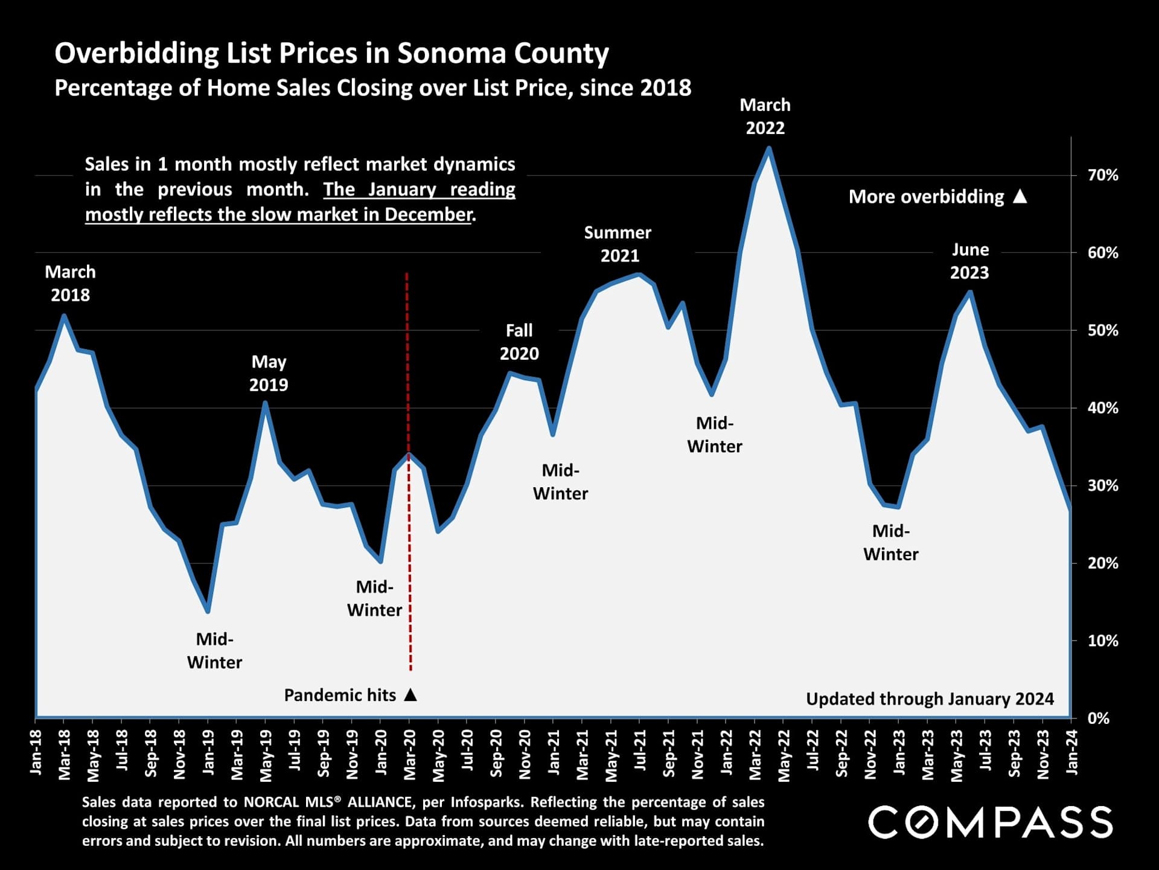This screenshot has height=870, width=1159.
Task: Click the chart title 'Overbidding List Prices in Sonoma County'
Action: click(x=331, y=53)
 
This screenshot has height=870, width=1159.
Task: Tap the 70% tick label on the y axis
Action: click(x=1102, y=175)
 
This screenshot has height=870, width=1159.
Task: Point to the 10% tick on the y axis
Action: click(x=1102, y=641)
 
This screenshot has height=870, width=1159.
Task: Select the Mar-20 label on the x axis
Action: click(x=410, y=755)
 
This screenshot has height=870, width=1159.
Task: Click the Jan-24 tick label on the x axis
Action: click(x=1072, y=752)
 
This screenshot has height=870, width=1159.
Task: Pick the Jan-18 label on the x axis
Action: click(x=36, y=752)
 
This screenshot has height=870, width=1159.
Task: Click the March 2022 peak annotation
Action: click(x=765, y=117)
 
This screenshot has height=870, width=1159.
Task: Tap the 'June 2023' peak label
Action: click(x=969, y=261)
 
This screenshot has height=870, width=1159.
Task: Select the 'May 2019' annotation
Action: click(x=269, y=373)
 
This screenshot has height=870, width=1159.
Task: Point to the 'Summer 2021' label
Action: click(x=618, y=244)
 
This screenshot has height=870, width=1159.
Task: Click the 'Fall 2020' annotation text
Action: click(x=519, y=342)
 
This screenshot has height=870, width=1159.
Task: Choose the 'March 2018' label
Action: click(x=70, y=283)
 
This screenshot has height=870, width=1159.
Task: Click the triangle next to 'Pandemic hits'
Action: click(x=410, y=695)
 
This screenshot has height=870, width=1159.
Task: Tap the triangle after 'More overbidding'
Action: click(x=1020, y=196)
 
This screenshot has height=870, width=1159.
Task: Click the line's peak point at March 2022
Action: click(x=768, y=148)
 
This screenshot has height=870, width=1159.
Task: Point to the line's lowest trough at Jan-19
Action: click(x=208, y=611)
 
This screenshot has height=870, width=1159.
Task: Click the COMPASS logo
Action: click(x=990, y=822)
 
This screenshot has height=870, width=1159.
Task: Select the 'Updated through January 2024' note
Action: click(x=930, y=699)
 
